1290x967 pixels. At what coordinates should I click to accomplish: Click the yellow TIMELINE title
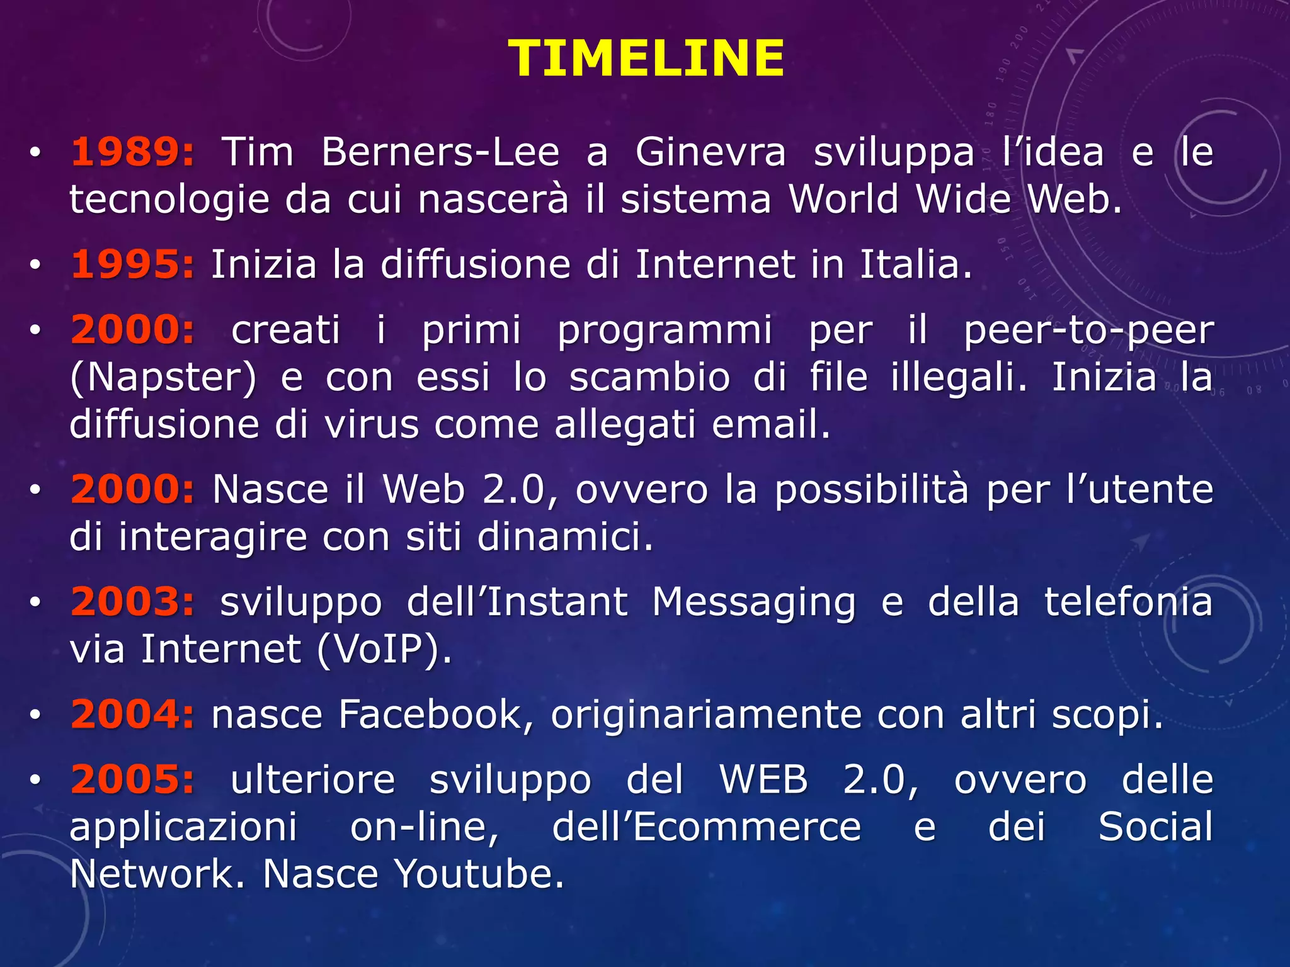(x=646, y=59)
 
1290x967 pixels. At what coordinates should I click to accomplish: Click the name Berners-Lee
(x=440, y=152)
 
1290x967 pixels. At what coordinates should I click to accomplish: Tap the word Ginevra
(x=711, y=152)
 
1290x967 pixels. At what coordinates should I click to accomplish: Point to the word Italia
(x=915, y=264)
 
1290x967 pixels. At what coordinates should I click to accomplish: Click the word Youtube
(x=479, y=874)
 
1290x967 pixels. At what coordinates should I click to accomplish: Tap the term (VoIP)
(x=384, y=649)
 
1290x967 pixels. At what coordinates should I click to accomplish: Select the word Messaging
(x=753, y=602)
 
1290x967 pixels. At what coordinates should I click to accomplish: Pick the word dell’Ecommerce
(x=706, y=827)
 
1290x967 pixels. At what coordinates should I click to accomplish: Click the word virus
(x=372, y=424)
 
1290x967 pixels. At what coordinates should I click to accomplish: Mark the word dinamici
(x=565, y=537)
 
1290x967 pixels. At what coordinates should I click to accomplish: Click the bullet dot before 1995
(x=35, y=265)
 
